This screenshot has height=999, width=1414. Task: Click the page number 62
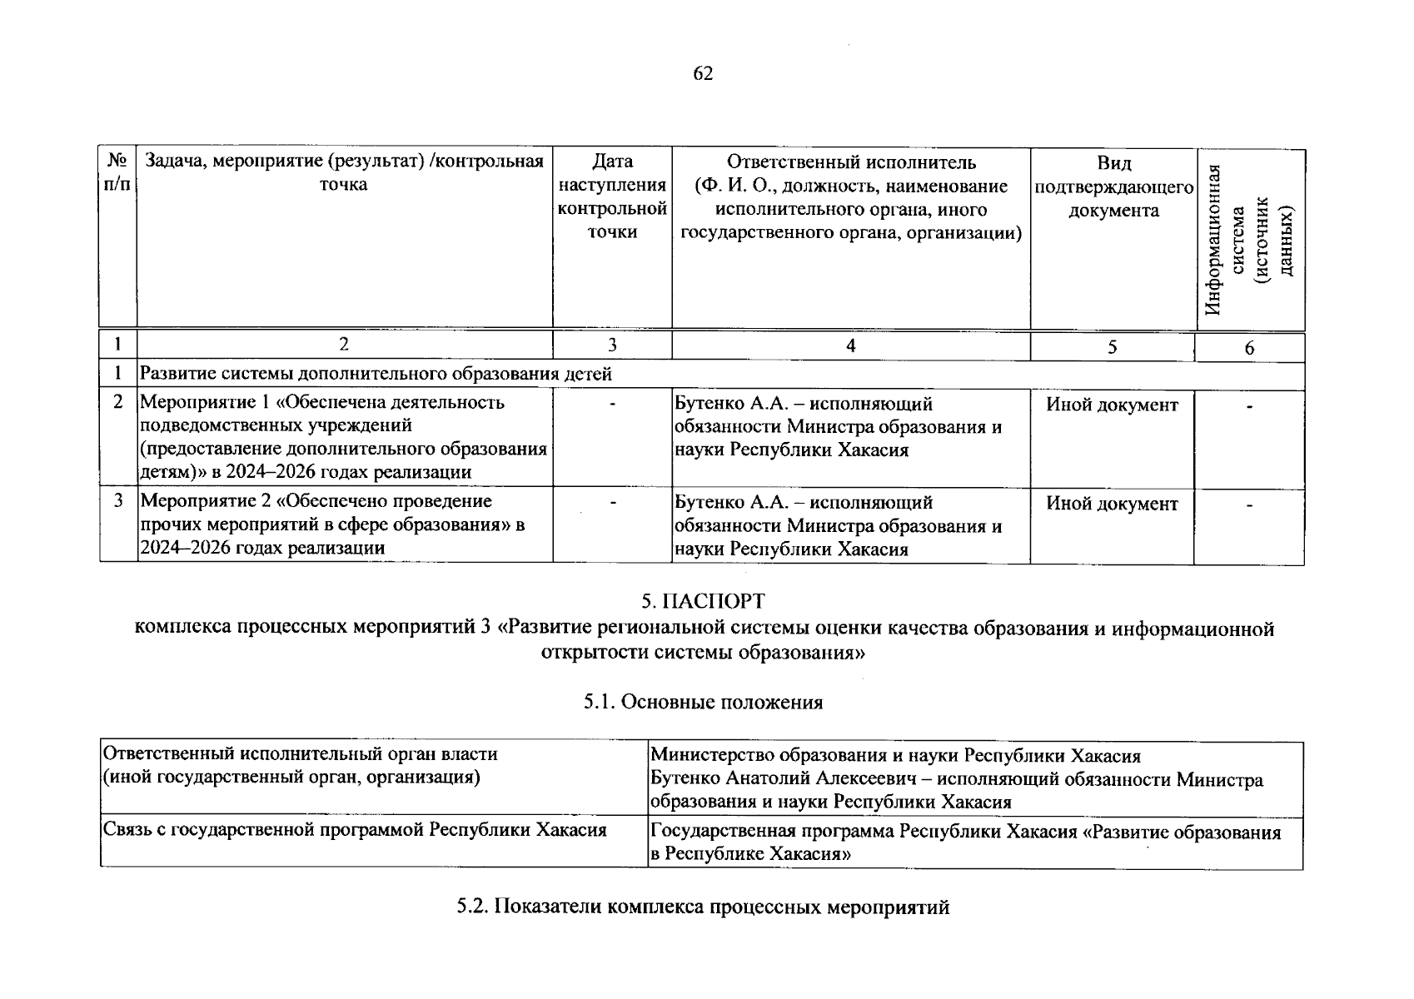click(x=703, y=74)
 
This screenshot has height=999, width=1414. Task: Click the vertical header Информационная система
click(x=1250, y=240)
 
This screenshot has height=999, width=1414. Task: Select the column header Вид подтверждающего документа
click(x=1113, y=187)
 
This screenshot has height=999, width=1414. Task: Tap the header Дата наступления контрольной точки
click(x=612, y=196)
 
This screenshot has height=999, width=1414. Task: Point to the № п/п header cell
click(x=117, y=172)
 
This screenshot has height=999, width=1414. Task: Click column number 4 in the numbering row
click(x=850, y=346)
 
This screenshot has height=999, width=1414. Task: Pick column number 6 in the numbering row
click(x=1249, y=348)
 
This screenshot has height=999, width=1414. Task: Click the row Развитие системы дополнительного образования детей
click(x=376, y=375)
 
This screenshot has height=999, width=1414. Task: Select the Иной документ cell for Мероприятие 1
click(x=1112, y=405)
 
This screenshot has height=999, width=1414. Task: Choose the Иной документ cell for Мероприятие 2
click(x=1112, y=504)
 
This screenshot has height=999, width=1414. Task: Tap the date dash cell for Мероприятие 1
click(x=612, y=405)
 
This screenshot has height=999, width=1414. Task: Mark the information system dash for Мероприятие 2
click(x=1249, y=504)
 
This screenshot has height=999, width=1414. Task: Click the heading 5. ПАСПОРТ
click(x=703, y=601)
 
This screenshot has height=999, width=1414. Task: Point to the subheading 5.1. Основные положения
click(x=703, y=703)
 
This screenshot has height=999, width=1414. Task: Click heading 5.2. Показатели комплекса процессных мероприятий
click(x=703, y=907)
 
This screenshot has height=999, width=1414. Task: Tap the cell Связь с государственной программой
click(x=354, y=831)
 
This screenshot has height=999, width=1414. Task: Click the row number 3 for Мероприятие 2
click(x=118, y=501)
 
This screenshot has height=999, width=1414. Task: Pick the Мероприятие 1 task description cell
click(x=343, y=437)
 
